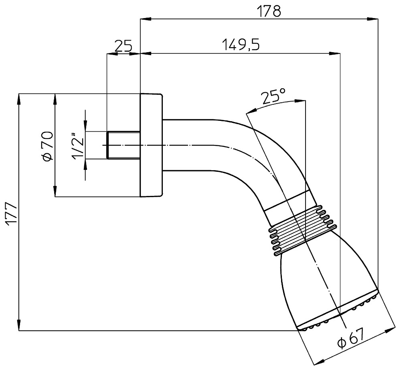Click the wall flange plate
tap(151, 145)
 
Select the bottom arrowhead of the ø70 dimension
tap(55, 192)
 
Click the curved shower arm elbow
tap(257, 149)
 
